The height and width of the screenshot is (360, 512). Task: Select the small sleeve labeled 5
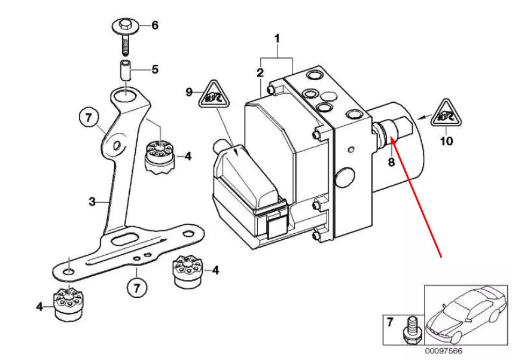[124, 69]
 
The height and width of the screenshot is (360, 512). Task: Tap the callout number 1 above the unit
[277, 39]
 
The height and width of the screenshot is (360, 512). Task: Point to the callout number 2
[260, 73]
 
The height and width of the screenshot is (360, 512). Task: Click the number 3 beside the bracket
[92, 202]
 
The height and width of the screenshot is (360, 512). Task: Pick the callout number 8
[391, 161]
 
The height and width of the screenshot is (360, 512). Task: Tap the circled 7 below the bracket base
[136, 288]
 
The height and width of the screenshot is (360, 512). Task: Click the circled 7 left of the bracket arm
[87, 117]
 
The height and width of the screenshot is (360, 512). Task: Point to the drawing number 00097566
[443, 351]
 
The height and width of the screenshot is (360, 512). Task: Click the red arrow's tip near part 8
[389, 138]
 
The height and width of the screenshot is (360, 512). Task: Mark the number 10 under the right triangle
[446, 142]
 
